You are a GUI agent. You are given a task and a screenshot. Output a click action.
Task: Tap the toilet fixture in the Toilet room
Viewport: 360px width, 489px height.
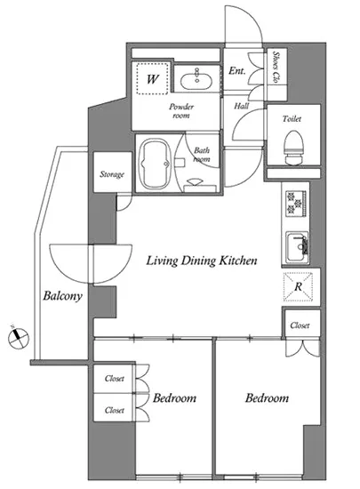(x=294, y=148)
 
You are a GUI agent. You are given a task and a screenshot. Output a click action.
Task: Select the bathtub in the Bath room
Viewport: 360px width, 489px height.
(x=156, y=164)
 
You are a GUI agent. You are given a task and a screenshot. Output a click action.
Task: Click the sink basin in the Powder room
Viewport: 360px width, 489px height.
(x=196, y=79)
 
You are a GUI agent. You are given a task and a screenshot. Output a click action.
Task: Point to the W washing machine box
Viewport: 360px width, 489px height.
(x=152, y=78)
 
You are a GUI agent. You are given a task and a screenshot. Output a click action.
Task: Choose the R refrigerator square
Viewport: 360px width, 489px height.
(x=299, y=286)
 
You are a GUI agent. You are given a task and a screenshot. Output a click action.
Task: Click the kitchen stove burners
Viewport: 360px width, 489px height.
(x=295, y=204)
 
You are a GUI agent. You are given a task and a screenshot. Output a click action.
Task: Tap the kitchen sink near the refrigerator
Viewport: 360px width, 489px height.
(x=298, y=247)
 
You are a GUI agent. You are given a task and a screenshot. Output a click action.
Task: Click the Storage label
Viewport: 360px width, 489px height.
(x=112, y=174)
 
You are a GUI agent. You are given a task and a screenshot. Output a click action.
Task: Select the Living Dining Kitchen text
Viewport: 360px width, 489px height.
(x=202, y=261)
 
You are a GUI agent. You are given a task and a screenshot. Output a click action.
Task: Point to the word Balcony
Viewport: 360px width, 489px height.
(x=62, y=296)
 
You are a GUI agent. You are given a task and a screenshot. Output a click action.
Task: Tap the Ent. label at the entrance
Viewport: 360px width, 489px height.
(x=236, y=71)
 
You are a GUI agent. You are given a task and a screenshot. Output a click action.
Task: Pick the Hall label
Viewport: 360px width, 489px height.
(x=242, y=106)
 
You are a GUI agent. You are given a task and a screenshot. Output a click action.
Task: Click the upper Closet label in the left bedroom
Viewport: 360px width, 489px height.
(x=115, y=378)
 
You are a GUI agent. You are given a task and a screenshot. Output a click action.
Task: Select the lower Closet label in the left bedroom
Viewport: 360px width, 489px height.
(x=115, y=410)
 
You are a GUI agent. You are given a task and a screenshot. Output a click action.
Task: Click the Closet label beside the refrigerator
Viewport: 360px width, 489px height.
(x=300, y=325)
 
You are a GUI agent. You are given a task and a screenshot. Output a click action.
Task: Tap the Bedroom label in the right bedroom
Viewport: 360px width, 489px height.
(x=268, y=398)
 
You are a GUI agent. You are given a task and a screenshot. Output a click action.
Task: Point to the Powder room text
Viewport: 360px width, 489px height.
(x=181, y=111)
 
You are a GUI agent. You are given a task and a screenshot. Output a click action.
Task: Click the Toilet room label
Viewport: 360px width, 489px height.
(x=292, y=118)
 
